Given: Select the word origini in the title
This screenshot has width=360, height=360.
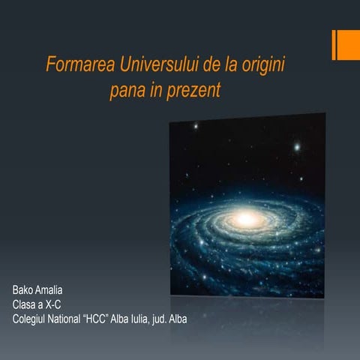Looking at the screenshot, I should pos(262,65).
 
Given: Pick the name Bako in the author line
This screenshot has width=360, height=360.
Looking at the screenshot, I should pos(24,289).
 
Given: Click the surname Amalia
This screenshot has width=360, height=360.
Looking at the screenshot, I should pos(54,289).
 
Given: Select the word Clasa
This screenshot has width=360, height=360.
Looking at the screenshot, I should pos(26,304).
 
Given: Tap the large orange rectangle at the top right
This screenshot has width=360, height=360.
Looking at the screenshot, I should pos(349,45).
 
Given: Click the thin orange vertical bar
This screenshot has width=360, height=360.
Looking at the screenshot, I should pos(334,45).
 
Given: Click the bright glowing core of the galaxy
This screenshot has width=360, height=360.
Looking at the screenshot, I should pos(245,220).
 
